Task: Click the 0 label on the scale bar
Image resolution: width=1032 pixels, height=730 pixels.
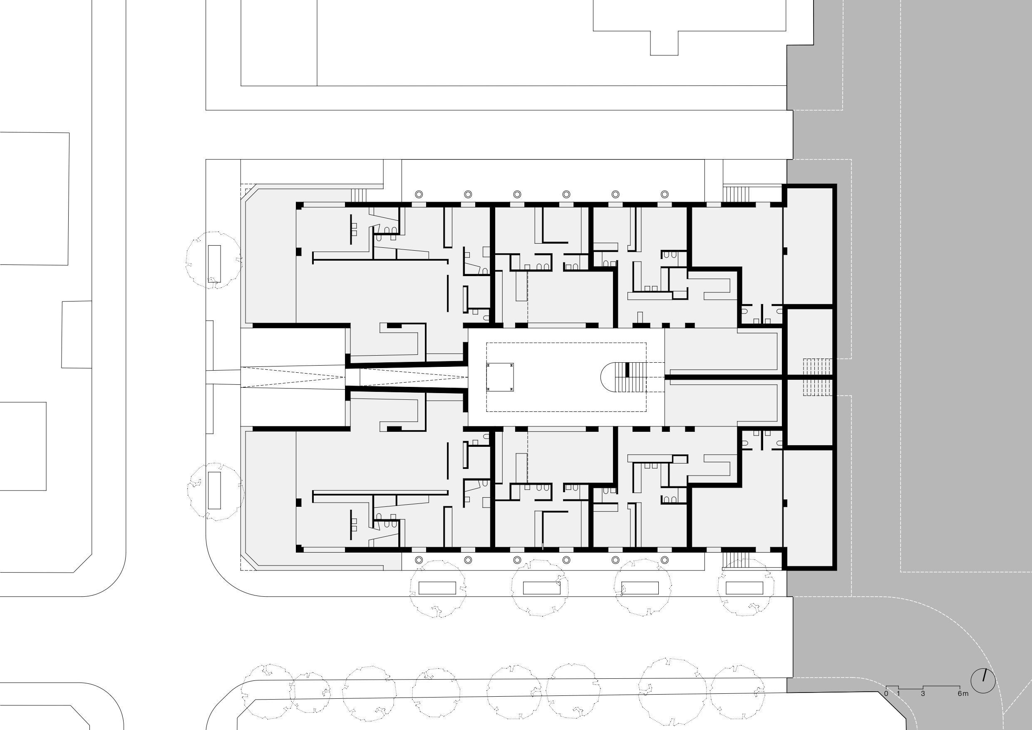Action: [x=886, y=694]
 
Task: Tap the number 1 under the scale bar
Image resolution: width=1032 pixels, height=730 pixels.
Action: [x=898, y=694]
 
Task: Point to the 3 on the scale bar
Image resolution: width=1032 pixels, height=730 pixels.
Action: [x=923, y=694]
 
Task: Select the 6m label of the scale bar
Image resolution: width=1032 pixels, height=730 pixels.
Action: [x=963, y=694]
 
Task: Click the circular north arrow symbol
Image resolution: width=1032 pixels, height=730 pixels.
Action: [x=983, y=680]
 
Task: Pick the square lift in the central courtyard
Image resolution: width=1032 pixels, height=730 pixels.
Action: [x=500, y=377]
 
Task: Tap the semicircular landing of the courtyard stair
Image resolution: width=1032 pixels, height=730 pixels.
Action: [x=608, y=377]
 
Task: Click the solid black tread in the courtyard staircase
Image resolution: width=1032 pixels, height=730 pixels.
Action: [x=628, y=369]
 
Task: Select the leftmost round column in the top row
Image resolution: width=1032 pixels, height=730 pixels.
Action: [x=419, y=194]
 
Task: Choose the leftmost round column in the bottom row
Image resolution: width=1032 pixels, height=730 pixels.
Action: [x=419, y=560]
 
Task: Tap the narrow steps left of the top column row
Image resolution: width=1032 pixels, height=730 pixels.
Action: [x=359, y=195]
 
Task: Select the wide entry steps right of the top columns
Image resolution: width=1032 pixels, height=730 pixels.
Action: [x=736, y=194]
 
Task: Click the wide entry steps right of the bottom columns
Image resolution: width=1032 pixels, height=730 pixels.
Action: [x=736, y=561]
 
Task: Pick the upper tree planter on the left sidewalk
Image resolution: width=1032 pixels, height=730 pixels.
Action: [x=214, y=264]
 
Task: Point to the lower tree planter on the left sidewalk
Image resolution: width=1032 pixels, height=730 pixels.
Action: [x=214, y=490]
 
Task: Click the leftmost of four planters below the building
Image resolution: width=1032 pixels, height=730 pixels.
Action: [x=437, y=588]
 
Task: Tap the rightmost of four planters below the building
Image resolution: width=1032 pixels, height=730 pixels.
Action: [x=744, y=588]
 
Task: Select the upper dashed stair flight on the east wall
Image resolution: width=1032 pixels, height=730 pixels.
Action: [x=818, y=366]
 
